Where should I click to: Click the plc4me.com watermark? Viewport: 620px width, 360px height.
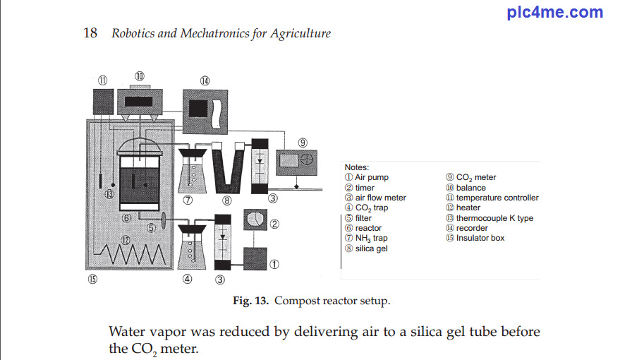(555, 12)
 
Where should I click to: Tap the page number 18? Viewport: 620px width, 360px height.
(90, 33)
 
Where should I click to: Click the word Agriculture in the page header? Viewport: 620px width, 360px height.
(300, 33)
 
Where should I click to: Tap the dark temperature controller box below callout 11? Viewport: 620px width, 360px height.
(102, 103)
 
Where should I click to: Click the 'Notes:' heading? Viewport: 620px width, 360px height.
(357, 167)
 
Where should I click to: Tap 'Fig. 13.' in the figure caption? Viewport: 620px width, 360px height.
(251, 301)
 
